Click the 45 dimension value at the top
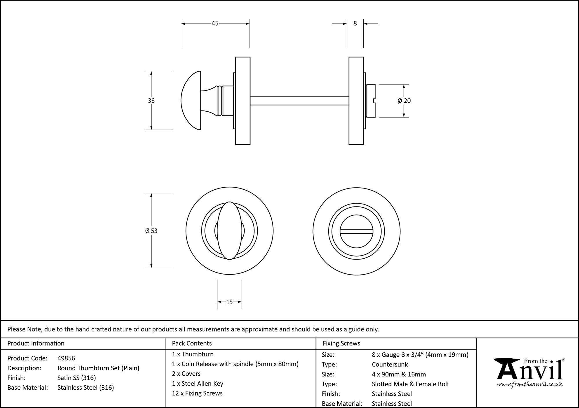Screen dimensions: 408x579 pos(215,23)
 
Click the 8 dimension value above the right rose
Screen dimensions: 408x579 pos(355,23)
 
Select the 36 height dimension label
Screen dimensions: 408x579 pos(151,101)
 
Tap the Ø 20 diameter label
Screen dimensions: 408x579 pos(404,101)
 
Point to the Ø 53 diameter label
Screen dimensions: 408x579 pos(151,231)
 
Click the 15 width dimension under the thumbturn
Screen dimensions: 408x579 pos(229,302)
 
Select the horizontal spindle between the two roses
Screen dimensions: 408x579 pos(299,101)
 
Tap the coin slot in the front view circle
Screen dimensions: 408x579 pos(356,231)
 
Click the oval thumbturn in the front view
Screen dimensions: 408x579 pos(230,231)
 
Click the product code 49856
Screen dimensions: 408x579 pos(66,358)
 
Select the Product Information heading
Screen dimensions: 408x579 pos(36,344)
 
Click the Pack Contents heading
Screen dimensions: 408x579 pos(192,344)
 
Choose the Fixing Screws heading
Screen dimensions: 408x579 pos(342,344)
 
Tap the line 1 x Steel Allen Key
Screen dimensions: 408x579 pos(197,384)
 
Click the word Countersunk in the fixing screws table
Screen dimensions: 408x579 pos(390,365)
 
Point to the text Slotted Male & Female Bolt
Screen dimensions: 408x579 pos(410,384)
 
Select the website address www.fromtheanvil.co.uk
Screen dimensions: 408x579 pos(530,385)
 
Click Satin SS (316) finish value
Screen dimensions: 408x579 pos(77,378)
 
